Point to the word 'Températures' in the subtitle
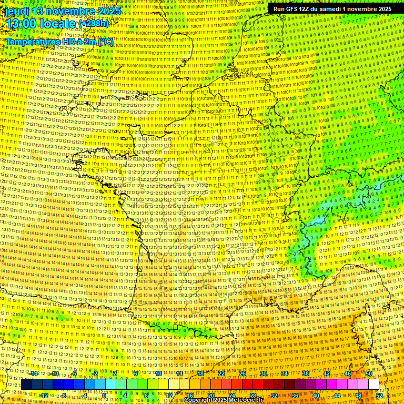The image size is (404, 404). coord(33,41)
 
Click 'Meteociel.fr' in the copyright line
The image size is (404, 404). coord(245,400)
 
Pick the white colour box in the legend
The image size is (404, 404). coord(373,385)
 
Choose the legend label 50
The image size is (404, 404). coord(369,373)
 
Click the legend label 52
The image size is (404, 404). coord(379,395)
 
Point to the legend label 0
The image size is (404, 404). coord(105,395)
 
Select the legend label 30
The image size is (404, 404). coord(263,373)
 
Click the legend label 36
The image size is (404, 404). coord(295,395)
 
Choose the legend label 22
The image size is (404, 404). coord(221,373)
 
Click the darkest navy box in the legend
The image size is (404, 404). coord(26,385)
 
